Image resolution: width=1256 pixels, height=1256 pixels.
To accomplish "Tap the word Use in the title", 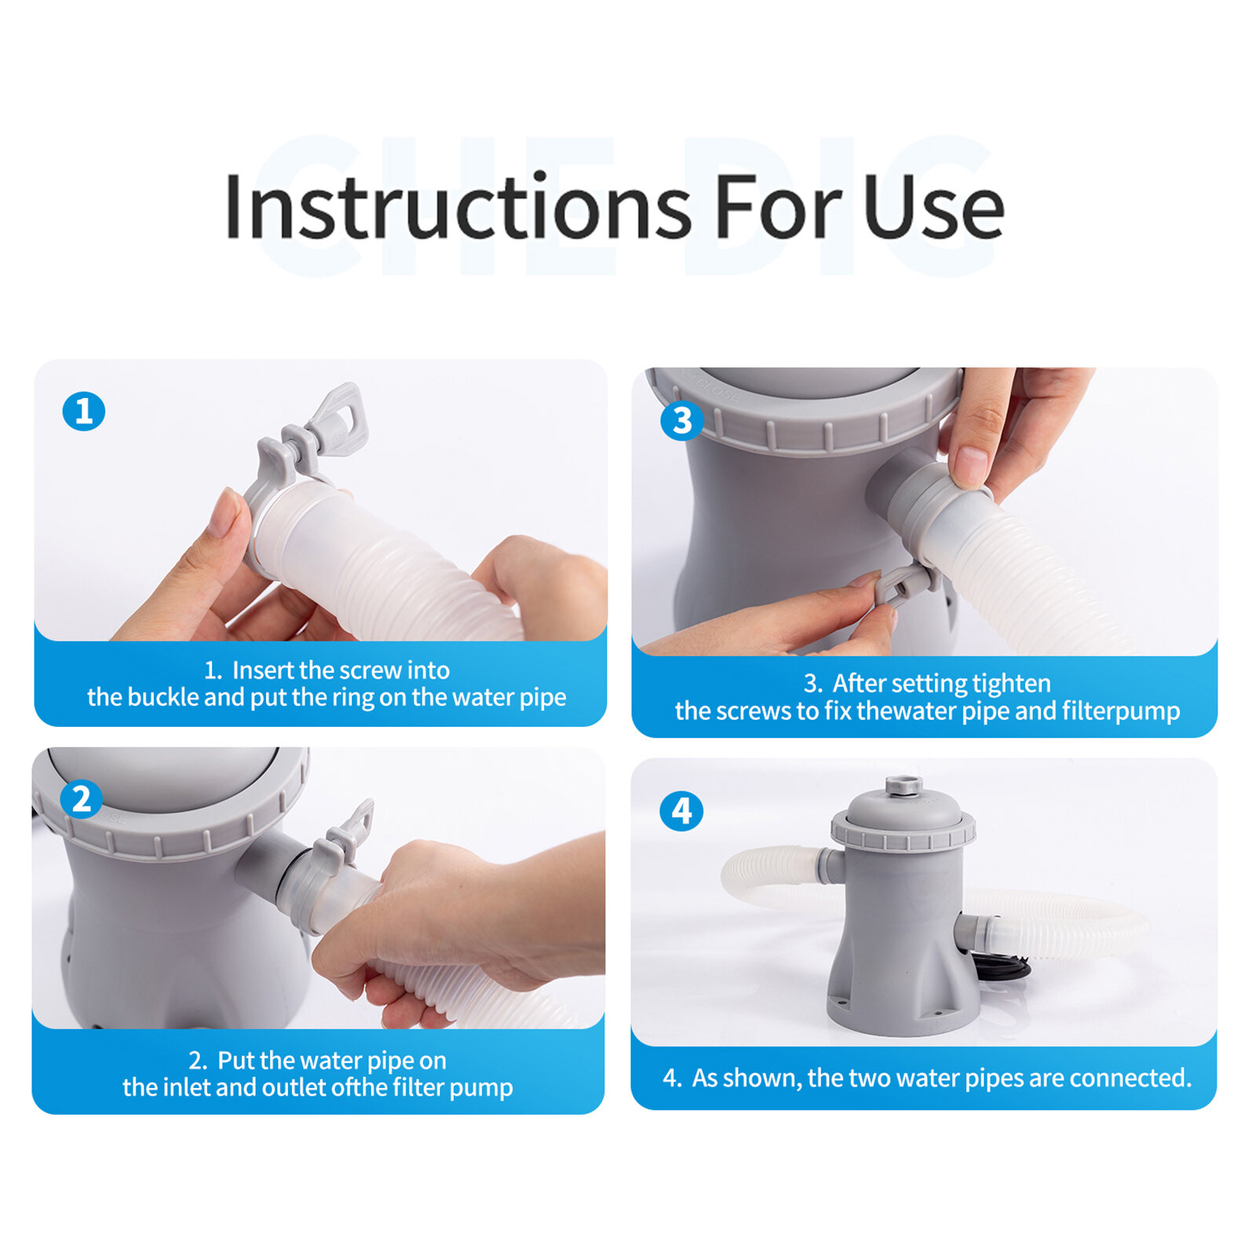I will [x=933, y=207].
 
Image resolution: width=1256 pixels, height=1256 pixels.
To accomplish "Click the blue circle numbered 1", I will [x=84, y=411].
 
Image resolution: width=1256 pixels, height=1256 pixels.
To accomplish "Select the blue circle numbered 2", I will [x=82, y=799].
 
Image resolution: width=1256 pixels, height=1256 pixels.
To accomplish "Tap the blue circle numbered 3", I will [x=681, y=421].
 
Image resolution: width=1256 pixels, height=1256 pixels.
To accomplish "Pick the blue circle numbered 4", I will [x=681, y=811].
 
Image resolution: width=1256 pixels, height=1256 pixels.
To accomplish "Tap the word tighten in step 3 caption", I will [x=1010, y=683].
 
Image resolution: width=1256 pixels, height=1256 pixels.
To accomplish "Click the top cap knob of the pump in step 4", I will [x=904, y=786].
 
